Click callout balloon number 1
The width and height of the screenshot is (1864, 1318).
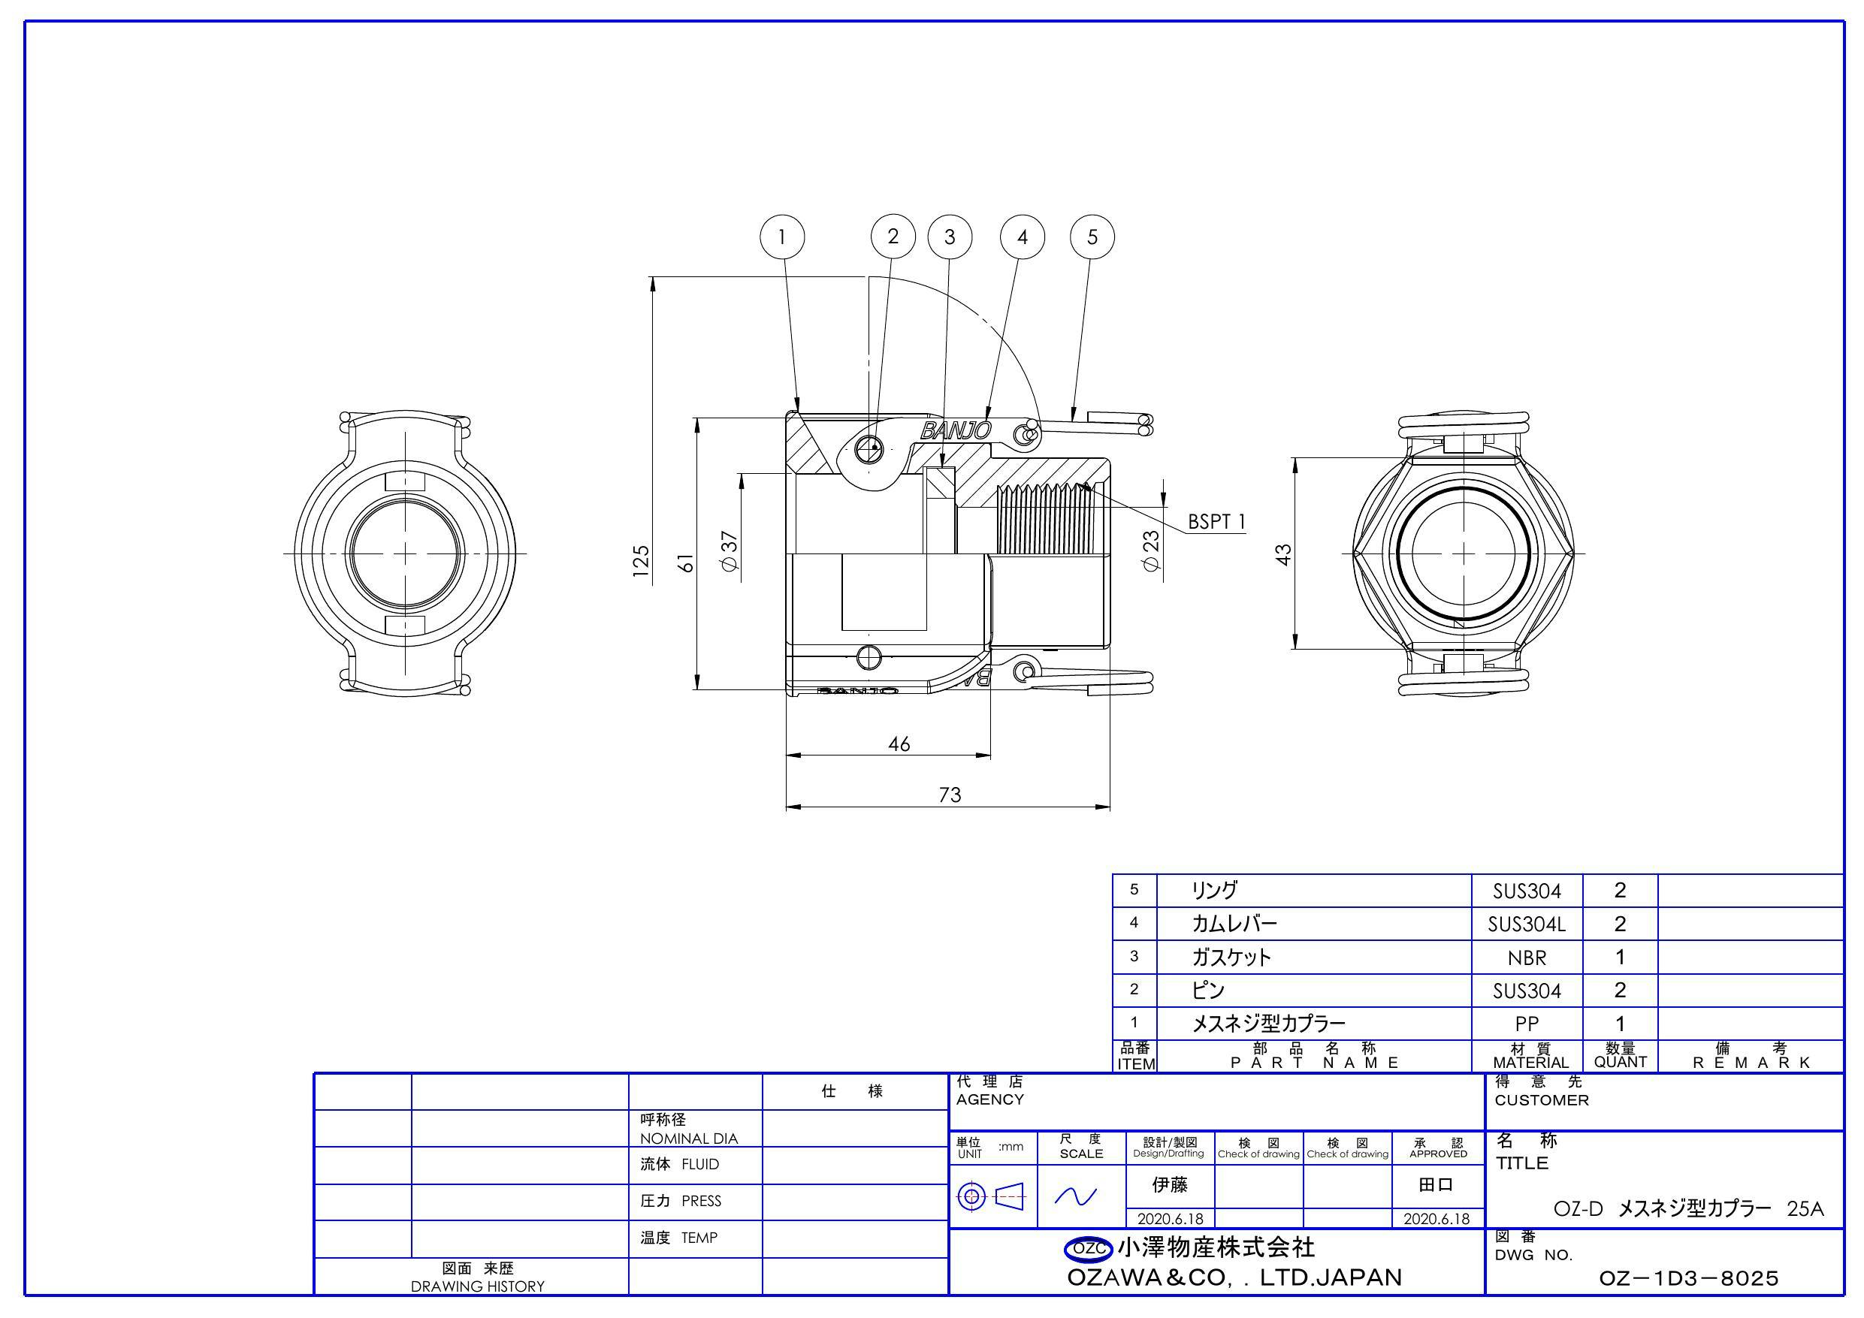(782, 237)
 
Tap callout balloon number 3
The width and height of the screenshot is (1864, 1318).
(949, 237)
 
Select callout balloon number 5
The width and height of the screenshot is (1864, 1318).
(1092, 237)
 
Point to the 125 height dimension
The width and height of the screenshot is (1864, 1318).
(642, 561)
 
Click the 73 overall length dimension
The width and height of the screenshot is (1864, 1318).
(950, 794)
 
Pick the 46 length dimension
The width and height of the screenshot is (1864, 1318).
(899, 743)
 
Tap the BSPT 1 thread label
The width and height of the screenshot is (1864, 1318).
(1216, 522)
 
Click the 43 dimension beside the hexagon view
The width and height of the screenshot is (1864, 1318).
(1283, 554)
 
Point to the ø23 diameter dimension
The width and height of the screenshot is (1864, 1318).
(1151, 551)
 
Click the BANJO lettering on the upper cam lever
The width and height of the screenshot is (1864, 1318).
(956, 430)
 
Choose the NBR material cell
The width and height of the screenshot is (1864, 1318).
(1526, 958)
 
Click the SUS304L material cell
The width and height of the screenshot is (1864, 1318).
(1526, 924)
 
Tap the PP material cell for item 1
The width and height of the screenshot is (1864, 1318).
(1526, 1024)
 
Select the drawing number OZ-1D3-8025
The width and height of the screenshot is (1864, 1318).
(1689, 1278)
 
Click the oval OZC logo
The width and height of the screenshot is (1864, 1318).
(1089, 1248)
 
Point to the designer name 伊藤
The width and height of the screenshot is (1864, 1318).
(1170, 1185)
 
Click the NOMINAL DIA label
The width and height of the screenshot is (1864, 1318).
(688, 1138)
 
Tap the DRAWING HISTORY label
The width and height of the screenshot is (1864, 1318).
(477, 1286)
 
